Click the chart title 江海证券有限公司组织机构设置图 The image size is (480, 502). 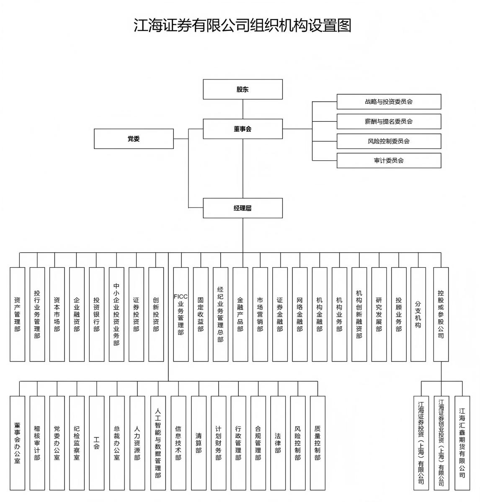(242, 25)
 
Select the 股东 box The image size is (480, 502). (243, 90)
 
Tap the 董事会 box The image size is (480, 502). (243, 129)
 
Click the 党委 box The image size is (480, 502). (134, 139)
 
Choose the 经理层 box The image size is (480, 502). (243, 208)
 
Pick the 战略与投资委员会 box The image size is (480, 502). (389, 102)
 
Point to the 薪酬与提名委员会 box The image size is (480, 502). (389, 121)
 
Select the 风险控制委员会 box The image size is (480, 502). (389, 141)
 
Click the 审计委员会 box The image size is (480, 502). (389, 161)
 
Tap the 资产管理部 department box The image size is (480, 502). (17, 314)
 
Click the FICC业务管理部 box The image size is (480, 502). (181, 314)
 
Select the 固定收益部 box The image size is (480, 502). (201, 314)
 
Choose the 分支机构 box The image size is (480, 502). (418, 314)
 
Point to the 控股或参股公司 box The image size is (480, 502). (441, 314)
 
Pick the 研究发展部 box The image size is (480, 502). (379, 314)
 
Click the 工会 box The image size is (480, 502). (96, 443)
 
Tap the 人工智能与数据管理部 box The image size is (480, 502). (158, 443)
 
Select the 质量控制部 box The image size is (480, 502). (317, 443)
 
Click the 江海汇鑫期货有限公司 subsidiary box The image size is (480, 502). (462, 443)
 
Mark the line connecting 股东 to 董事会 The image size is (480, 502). (243, 109)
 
